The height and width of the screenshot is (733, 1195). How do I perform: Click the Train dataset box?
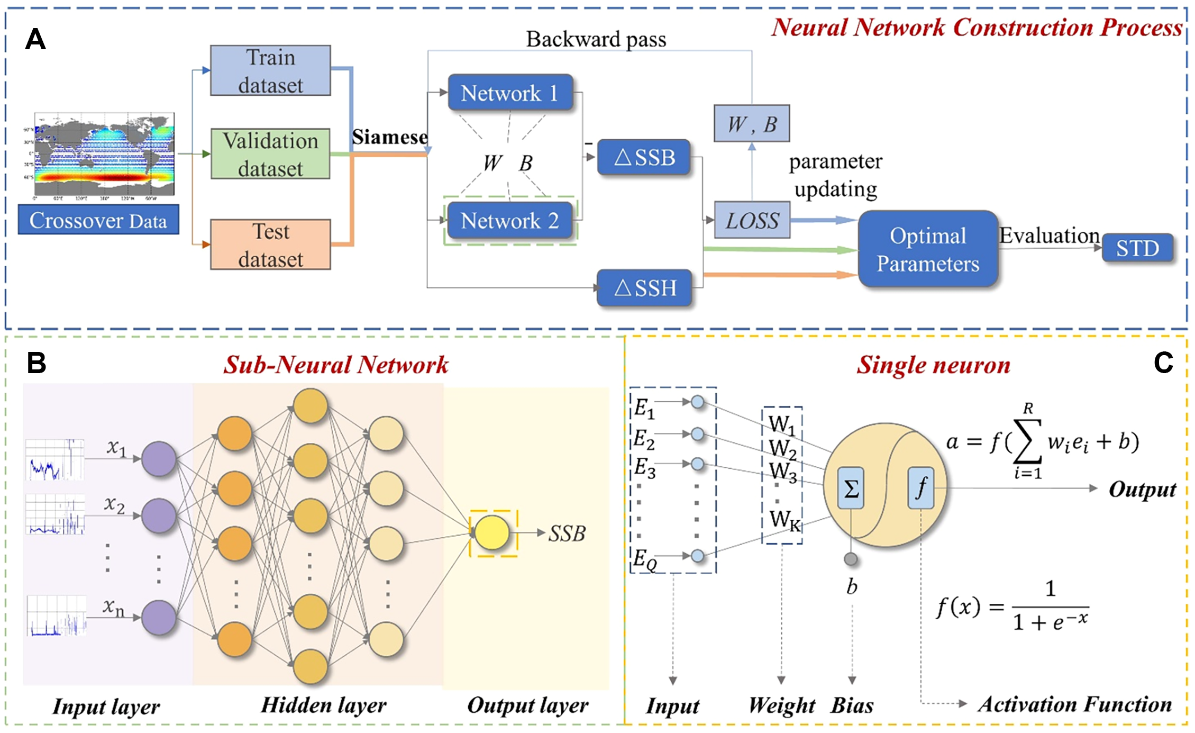[270, 70]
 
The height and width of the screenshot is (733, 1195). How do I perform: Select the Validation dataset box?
[270, 153]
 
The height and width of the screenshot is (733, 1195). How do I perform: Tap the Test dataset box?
[270, 245]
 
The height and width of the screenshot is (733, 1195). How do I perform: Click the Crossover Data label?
[98, 220]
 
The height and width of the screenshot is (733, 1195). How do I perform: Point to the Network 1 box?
[510, 93]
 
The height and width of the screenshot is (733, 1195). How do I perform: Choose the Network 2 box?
[510, 220]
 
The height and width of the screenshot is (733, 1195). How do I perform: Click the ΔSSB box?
[644, 157]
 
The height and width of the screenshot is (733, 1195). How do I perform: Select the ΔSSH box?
[644, 288]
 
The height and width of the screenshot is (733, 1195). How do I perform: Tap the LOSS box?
[752, 220]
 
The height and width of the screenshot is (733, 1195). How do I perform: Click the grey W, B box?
[752, 124]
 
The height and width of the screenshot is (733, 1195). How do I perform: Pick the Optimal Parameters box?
[928, 249]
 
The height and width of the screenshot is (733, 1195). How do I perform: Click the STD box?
[1137, 248]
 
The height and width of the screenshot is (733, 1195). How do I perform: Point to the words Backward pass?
[596, 39]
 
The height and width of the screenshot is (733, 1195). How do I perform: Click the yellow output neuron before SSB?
[492, 533]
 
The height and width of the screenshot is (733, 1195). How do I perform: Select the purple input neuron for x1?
[159, 459]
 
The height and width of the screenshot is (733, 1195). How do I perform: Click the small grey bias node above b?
[851, 559]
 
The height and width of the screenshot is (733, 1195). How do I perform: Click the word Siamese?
[390, 137]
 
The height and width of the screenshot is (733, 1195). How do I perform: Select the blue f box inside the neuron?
[921, 488]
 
